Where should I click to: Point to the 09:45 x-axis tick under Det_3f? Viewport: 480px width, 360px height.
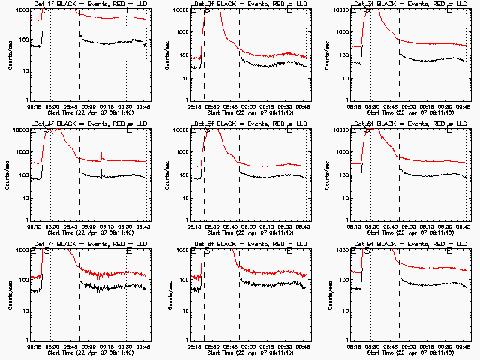[463, 106]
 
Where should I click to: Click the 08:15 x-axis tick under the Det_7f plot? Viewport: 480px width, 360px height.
[34, 346]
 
